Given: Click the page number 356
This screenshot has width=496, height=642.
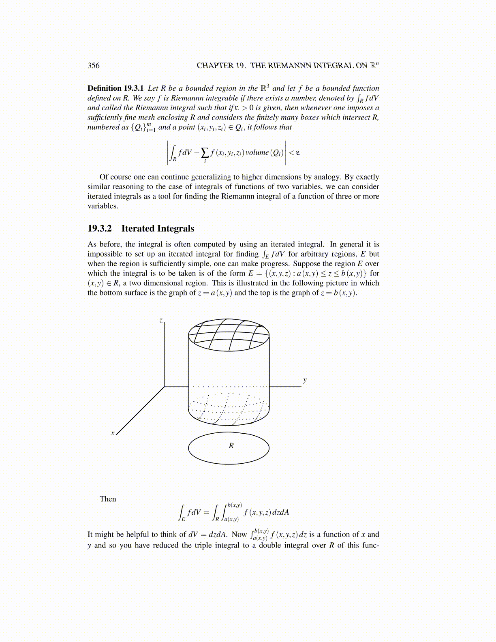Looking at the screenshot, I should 93,66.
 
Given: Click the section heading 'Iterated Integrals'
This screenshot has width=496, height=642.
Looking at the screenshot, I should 158,229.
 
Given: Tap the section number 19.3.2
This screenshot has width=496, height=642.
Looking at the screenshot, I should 99,229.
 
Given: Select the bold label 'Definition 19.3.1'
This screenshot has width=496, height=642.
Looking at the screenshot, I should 115,88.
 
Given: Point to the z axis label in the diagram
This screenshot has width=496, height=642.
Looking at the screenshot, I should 161,321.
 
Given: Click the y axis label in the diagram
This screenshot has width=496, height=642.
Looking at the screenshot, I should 305,380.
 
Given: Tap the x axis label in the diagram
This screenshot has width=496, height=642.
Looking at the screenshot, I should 112,433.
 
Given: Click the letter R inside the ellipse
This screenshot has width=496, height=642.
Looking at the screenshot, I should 231,446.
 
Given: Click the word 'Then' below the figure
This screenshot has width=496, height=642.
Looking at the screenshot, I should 108,499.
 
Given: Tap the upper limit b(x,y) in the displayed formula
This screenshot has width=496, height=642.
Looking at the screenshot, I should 235,505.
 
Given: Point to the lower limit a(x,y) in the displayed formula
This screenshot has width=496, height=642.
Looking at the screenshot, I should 231,519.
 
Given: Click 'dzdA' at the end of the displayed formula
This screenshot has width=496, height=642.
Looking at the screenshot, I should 281,512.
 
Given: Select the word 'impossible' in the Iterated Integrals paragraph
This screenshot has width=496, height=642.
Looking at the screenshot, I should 105,254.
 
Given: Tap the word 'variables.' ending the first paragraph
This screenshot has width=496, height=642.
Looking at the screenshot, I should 103,206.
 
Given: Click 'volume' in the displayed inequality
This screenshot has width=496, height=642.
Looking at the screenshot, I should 257,153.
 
